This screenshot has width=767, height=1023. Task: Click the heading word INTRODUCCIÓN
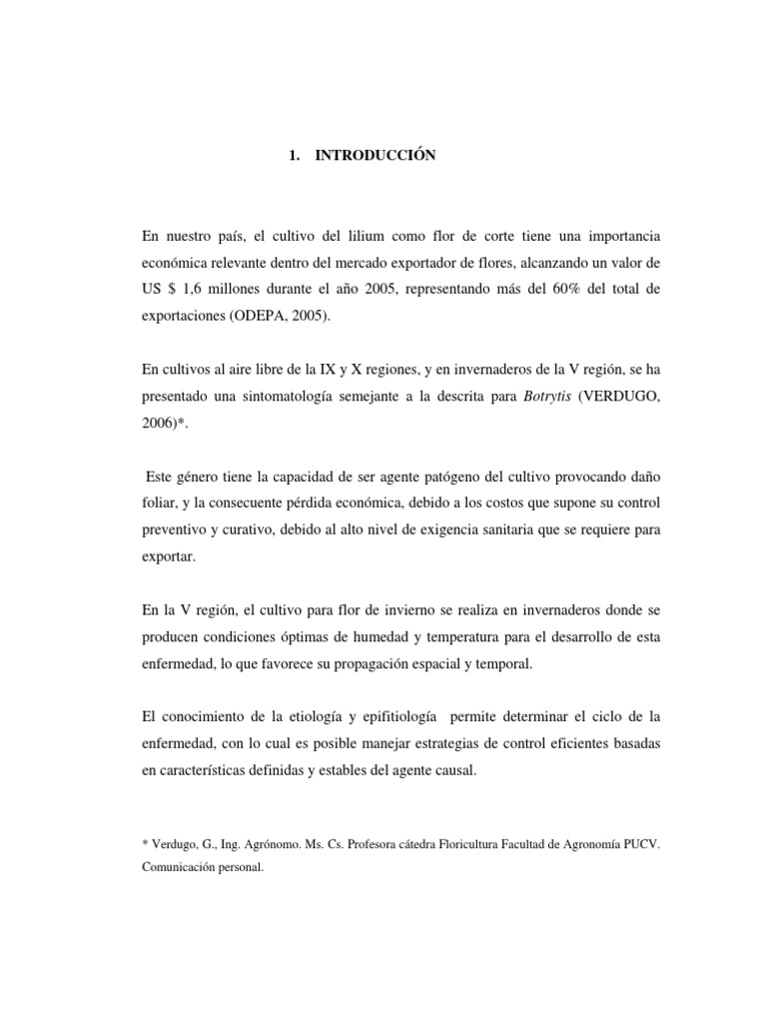(x=377, y=156)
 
